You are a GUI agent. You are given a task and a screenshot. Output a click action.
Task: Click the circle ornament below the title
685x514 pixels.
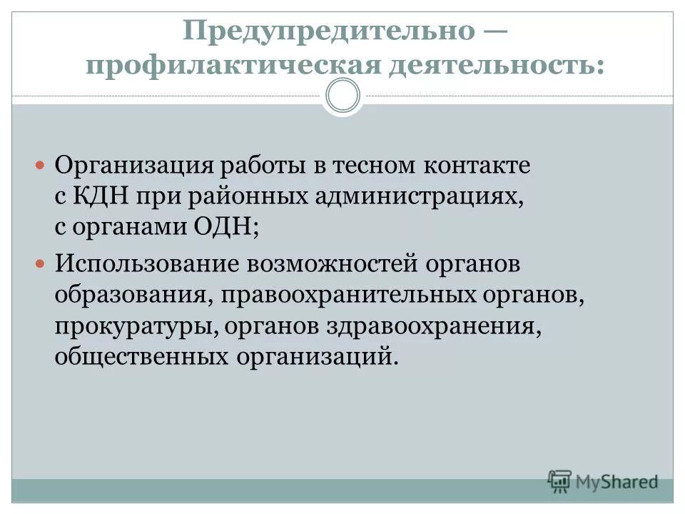click(x=342, y=96)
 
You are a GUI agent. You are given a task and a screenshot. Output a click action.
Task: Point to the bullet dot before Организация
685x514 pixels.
click(x=41, y=165)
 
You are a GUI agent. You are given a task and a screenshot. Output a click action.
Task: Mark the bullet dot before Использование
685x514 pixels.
click(x=41, y=263)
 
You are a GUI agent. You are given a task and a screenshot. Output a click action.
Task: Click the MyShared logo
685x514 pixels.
click(x=603, y=482)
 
